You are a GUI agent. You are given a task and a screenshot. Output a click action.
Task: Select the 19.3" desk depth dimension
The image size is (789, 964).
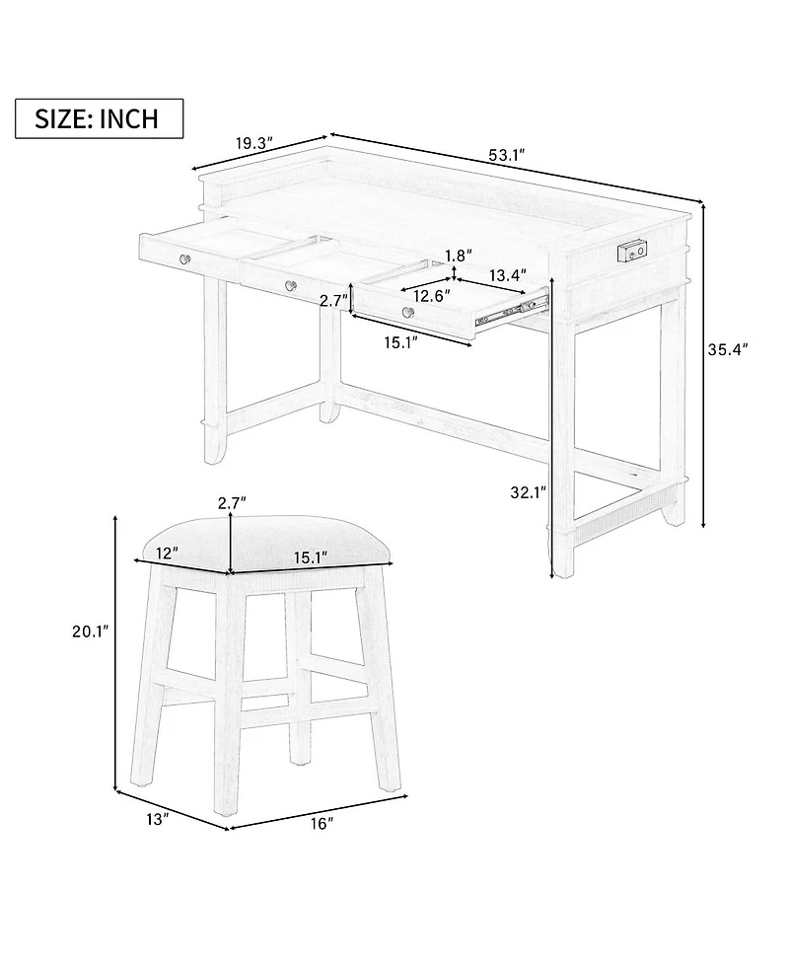(x=252, y=144)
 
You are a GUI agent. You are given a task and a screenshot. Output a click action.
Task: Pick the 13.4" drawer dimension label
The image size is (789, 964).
(x=508, y=274)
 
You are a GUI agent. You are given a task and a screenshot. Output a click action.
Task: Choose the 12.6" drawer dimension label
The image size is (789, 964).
(x=431, y=295)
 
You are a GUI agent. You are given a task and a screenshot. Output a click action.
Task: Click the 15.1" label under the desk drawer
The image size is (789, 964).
(x=401, y=341)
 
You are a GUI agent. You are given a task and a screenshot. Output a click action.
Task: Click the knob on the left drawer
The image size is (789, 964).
(x=184, y=259)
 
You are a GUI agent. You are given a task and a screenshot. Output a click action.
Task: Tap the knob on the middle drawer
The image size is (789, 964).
(x=290, y=285)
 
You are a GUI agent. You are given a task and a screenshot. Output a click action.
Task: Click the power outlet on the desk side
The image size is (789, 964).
(x=632, y=253)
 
